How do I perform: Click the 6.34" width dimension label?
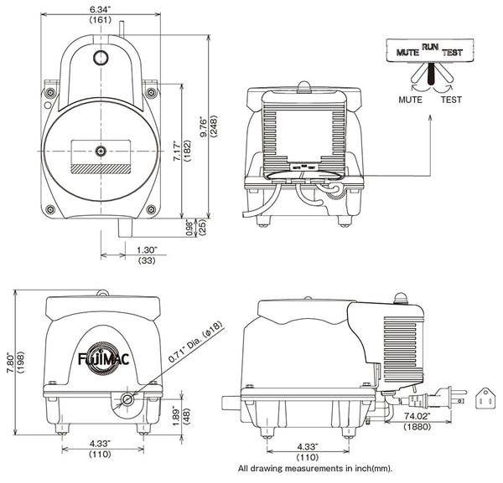(x=102, y=9)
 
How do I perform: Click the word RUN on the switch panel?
(x=430, y=48)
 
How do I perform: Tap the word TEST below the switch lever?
(x=451, y=99)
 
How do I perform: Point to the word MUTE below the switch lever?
(x=410, y=99)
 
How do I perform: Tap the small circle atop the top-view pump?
(x=101, y=58)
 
